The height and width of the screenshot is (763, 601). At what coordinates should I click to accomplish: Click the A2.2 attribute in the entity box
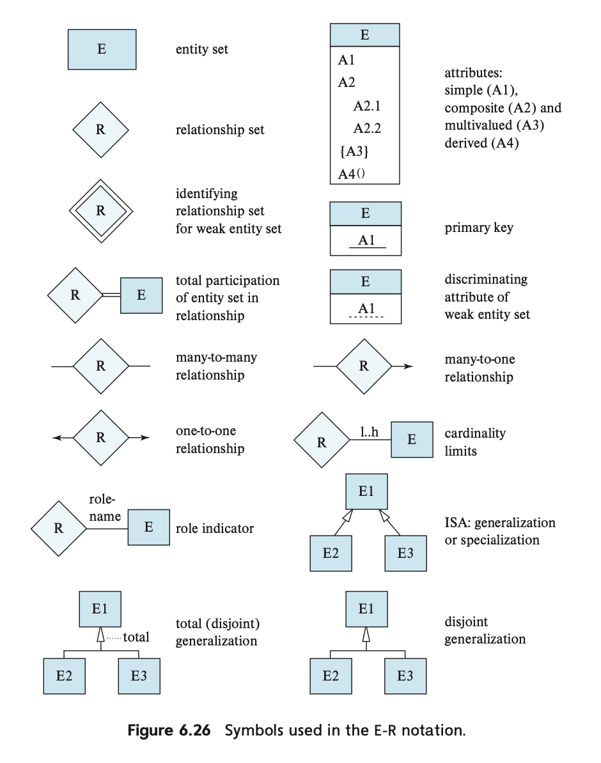click(x=367, y=128)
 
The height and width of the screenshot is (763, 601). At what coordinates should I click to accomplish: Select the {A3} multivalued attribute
click(x=354, y=151)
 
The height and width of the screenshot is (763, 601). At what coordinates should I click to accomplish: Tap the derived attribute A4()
click(x=352, y=174)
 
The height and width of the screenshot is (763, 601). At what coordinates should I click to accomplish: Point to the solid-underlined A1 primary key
click(x=367, y=240)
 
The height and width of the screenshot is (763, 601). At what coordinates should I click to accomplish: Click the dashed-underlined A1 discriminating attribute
click(x=367, y=309)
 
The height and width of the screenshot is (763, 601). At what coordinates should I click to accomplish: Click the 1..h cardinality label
click(x=369, y=431)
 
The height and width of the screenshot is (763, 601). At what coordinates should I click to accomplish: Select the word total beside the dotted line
click(x=136, y=637)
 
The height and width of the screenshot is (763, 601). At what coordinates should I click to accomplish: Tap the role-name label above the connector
click(x=105, y=507)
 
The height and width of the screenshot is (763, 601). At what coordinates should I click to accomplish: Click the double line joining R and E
click(x=111, y=295)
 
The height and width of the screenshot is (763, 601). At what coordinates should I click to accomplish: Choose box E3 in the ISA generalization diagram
click(x=406, y=553)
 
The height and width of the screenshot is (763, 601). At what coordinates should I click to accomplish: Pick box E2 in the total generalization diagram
click(x=65, y=676)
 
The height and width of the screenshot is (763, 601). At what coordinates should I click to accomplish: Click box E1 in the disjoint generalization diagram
click(x=367, y=609)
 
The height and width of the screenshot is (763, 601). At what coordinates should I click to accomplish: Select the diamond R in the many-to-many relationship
click(x=101, y=366)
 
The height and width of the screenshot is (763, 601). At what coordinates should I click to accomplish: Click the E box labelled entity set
click(x=102, y=49)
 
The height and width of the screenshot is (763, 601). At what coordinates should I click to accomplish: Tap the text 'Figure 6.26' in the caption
click(x=169, y=730)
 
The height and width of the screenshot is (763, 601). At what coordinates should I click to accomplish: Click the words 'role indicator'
click(x=215, y=528)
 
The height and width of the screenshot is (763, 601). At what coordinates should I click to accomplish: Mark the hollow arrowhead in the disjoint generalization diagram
click(x=366, y=635)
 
